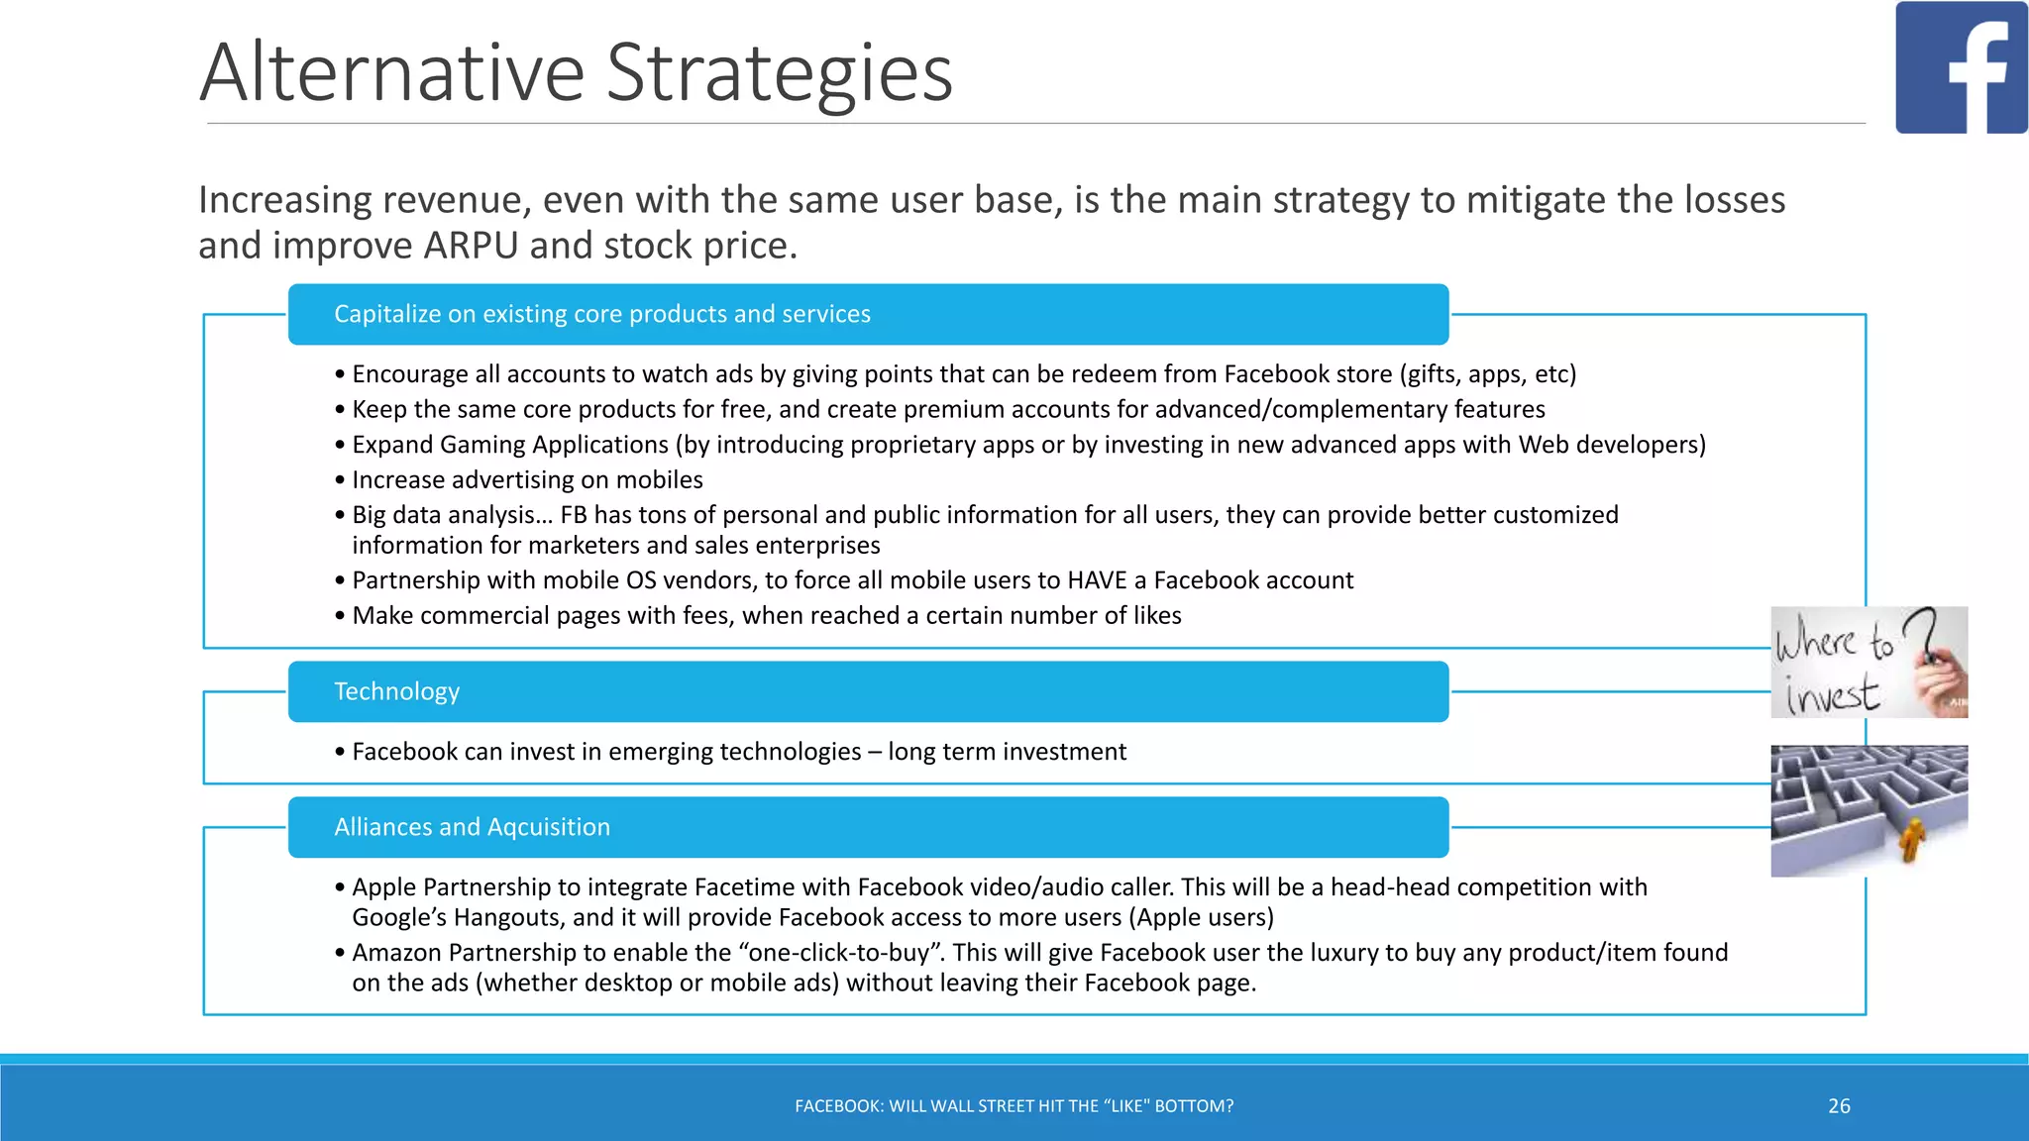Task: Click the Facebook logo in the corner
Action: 1961,67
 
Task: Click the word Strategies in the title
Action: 779,73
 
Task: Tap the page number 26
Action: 1839,1106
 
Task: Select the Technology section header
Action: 396,691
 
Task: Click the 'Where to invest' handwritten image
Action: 1869,662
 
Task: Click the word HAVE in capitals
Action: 1099,580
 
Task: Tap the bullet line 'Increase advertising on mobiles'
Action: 527,480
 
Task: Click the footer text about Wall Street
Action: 1014,1106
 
